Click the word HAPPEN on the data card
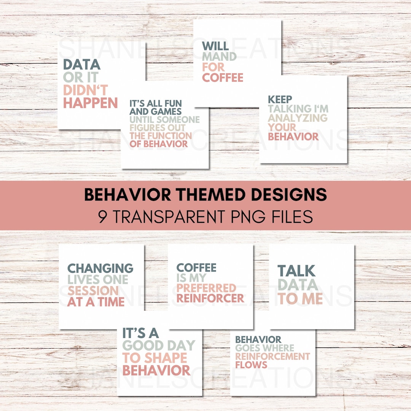(91, 103)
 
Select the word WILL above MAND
(215, 46)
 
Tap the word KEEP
(280, 100)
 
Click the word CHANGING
(100, 268)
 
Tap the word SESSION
(93, 291)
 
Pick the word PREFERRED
(206, 288)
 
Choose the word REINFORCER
(210, 298)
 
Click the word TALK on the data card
(296, 271)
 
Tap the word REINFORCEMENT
(272, 356)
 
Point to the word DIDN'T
(86, 90)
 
